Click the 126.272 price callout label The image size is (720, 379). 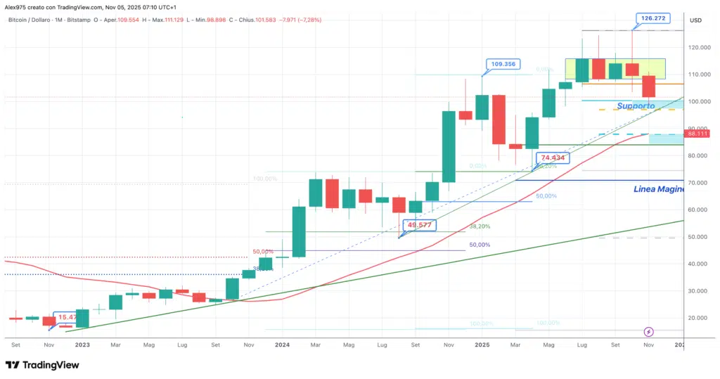point(651,18)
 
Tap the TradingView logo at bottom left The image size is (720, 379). point(42,365)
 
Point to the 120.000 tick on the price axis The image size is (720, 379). point(700,47)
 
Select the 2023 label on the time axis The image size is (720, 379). point(82,345)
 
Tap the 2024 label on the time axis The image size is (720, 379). point(282,345)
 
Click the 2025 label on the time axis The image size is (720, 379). point(482,345)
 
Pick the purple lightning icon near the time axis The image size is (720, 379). point(648,331)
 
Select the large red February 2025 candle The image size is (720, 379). point(499,120)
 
